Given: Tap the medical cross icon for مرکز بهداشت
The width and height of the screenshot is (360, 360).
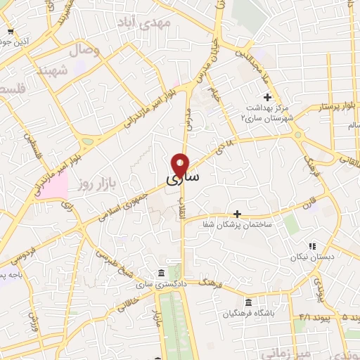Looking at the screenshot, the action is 266,97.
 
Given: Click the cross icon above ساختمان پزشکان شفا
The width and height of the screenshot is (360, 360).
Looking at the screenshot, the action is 237,213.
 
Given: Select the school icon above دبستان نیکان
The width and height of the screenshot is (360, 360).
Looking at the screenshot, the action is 311,246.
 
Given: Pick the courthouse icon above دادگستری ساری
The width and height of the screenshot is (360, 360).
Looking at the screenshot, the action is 162,273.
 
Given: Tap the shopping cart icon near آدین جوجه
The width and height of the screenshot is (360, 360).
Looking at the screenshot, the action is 10,32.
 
